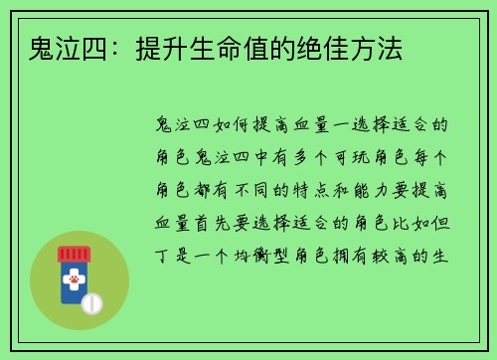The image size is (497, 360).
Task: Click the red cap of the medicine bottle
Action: pos(74,254)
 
